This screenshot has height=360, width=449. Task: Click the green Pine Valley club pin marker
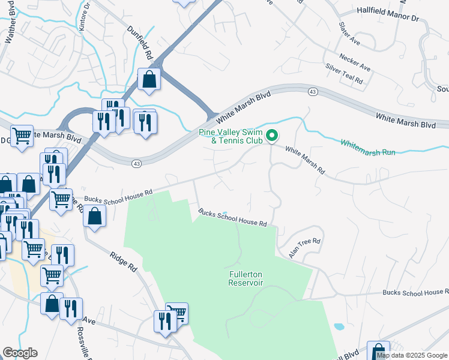(272, 137)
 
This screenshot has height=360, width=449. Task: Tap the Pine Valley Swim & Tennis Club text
(231, 137)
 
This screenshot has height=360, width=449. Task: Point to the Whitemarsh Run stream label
(368, 148)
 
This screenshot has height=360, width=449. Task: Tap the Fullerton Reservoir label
(246, 278)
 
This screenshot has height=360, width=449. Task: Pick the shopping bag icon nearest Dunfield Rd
(149, 79)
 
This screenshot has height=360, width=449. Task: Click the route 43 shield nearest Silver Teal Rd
(313, 91)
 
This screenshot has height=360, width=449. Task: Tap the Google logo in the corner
(20, 353)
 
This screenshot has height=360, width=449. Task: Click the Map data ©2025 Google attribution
(412, 355)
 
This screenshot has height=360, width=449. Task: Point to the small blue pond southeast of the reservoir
(339, 327)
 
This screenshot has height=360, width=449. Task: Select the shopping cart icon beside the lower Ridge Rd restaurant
(177, 313)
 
